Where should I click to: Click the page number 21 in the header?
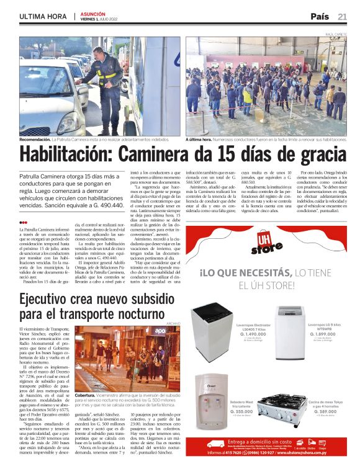[343, 16]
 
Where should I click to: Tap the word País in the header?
[320, 16]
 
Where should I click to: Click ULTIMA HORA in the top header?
[43, 16]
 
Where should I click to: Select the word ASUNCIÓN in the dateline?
[93, 13]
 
